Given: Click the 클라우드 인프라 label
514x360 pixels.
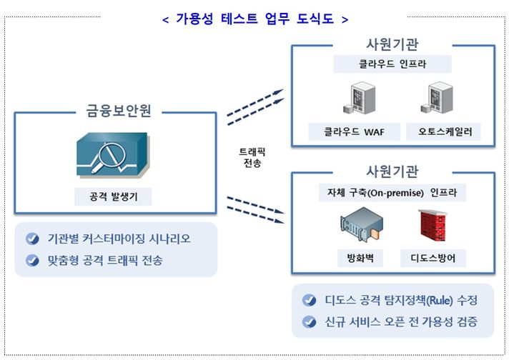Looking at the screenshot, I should (392, 64).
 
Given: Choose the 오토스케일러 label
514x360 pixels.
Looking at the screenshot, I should (440, 131).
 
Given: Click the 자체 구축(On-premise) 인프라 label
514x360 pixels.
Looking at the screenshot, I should (392, 193).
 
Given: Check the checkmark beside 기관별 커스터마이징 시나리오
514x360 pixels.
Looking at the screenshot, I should (31, 239).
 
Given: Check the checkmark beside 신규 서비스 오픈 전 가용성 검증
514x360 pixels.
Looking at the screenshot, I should (309, 321).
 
